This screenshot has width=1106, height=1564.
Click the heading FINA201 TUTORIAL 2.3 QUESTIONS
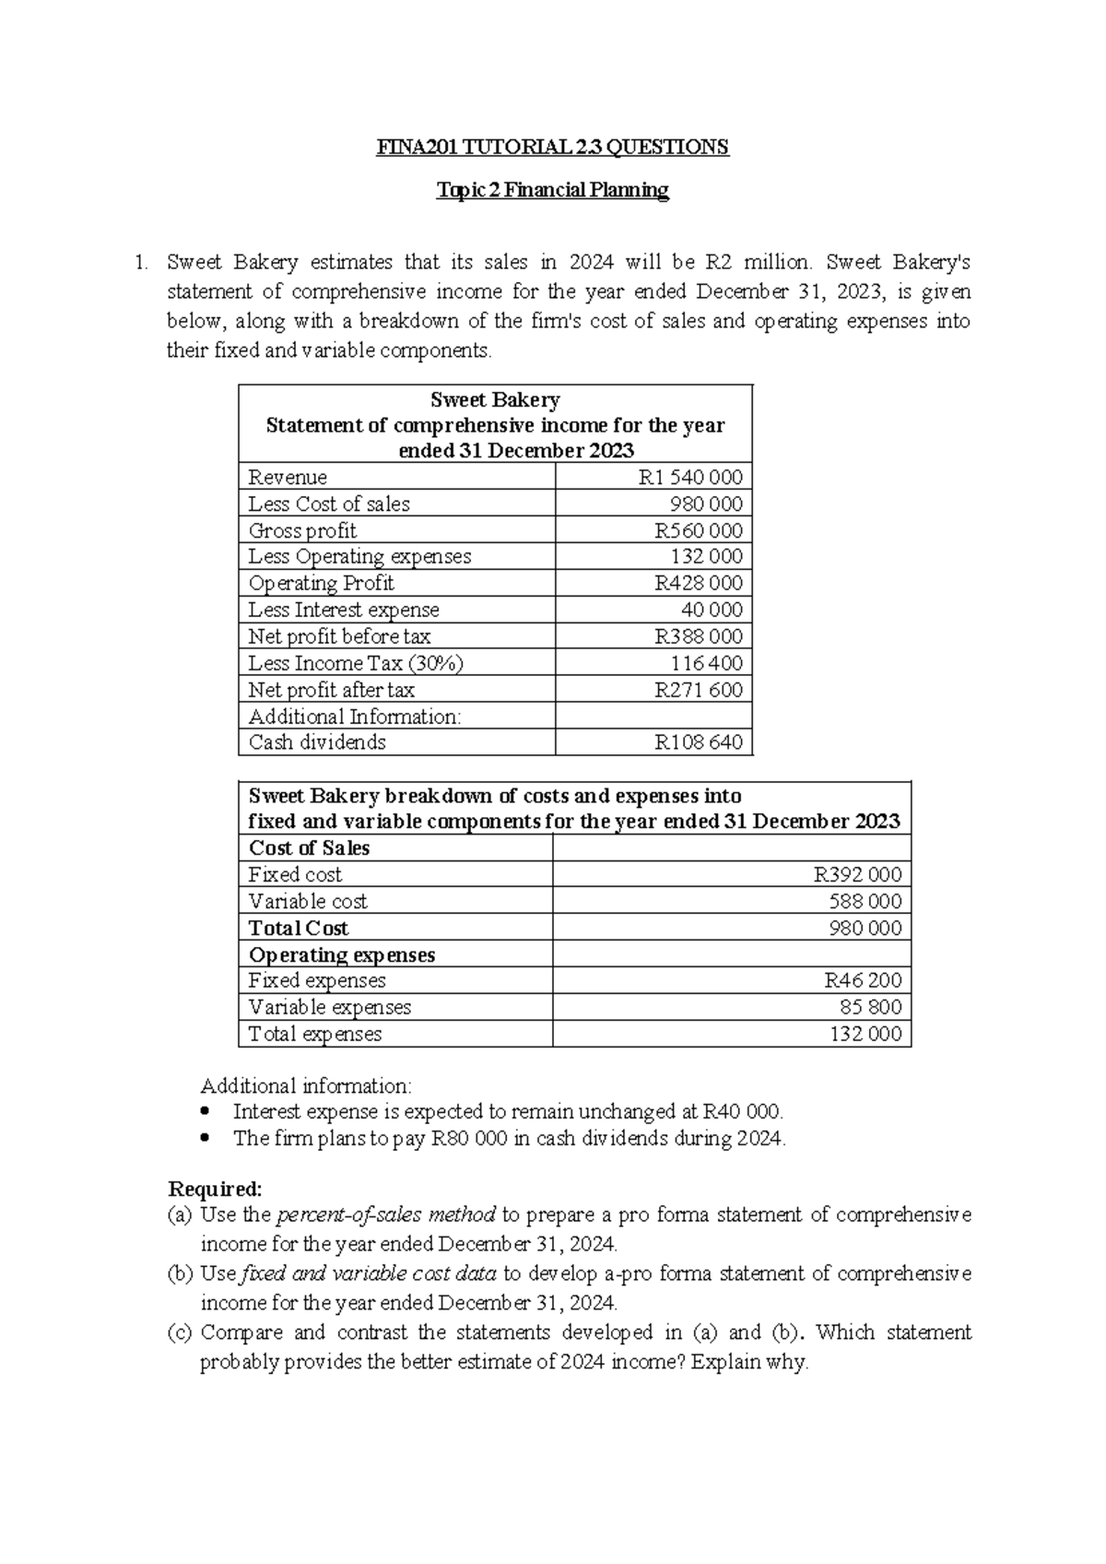(552, 148)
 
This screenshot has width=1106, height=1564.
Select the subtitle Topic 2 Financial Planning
(552, 191)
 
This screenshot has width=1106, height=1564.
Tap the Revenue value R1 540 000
(690, 478)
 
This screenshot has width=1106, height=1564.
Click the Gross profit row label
(302, 531)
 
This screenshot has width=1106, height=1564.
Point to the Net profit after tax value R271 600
(698, 691)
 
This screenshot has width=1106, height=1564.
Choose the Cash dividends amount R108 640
(698, 743)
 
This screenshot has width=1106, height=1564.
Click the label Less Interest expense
(344, 610)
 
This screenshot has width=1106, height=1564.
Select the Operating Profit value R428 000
(698, 584)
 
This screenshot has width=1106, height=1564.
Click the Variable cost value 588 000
(865, 902)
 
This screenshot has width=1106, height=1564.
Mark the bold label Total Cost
(299, 929)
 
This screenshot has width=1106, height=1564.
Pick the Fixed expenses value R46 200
(863, 981)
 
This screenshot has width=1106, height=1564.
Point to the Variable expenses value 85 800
(870, 1008)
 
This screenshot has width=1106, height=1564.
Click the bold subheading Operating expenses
(342, 955)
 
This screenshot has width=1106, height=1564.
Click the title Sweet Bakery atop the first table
(495, 400)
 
